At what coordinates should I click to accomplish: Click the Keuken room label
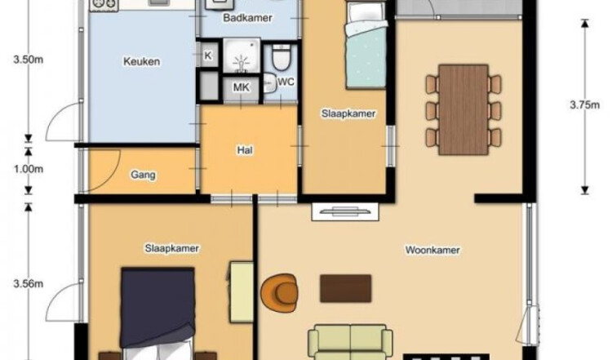[141, 62]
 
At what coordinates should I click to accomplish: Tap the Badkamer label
[247, 18]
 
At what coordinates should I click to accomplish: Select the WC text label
[286, 82]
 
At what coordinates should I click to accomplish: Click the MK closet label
[241, 87]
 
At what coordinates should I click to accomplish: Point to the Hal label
[245, 150]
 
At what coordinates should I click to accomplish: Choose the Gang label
[143, 175]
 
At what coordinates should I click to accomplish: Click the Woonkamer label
[432, 250]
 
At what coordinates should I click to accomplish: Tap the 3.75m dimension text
[584, 105]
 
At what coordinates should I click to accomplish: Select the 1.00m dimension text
[29, 169]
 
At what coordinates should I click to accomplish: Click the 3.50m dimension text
[29, 60]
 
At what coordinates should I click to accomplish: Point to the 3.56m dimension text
[29, 283]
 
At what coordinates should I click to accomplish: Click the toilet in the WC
[281, 57]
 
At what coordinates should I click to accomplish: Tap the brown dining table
[463, 109]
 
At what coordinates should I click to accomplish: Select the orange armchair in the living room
[279, 293]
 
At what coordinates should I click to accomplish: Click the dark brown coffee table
[345, 288]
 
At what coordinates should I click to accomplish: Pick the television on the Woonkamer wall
[345, 211]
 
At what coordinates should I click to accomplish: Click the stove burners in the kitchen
[104, 4]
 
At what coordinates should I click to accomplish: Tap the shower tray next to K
[242, 56]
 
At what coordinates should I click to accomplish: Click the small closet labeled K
[208, 55]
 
